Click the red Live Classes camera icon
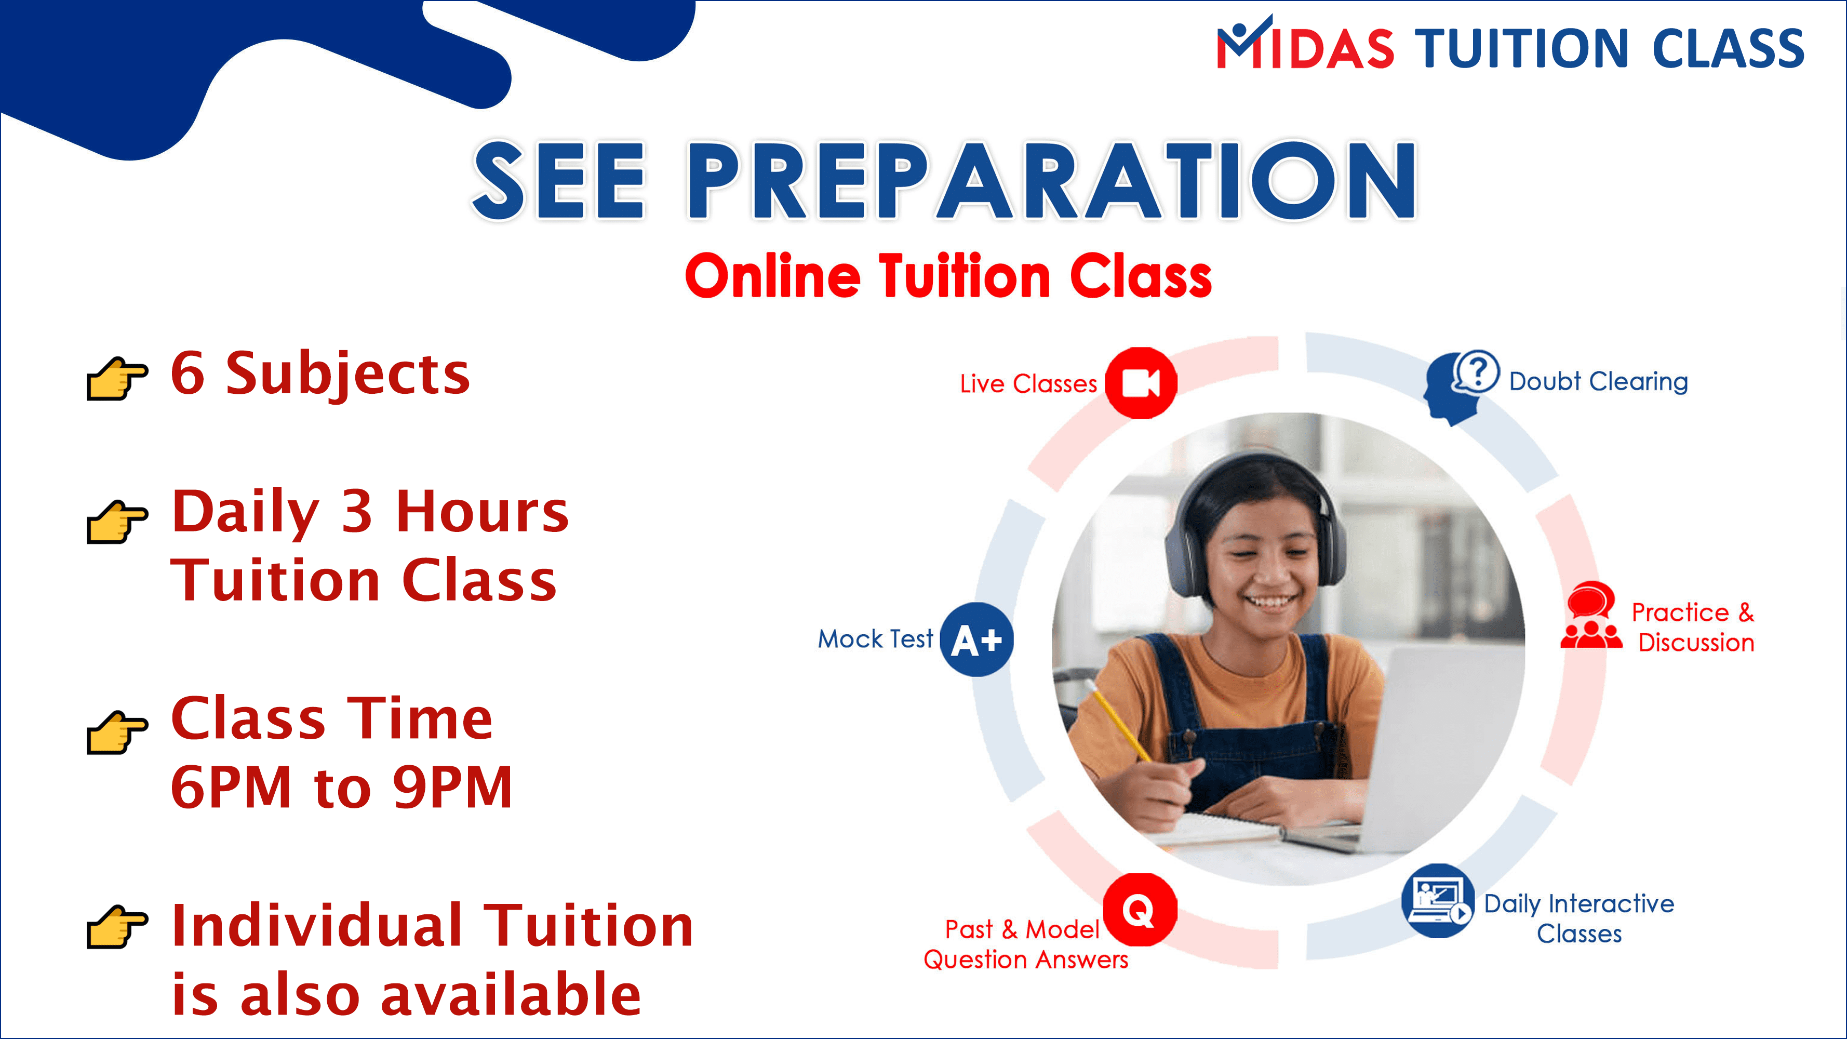1141,383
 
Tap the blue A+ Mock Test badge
976,639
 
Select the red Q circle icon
1140,909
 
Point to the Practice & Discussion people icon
1591,615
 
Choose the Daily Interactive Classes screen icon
1438,901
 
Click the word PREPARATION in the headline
1052,180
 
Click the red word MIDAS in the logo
1305,45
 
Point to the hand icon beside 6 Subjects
117,378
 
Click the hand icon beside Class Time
117,732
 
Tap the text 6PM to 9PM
342,787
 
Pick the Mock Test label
876,638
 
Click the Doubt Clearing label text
1598,381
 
